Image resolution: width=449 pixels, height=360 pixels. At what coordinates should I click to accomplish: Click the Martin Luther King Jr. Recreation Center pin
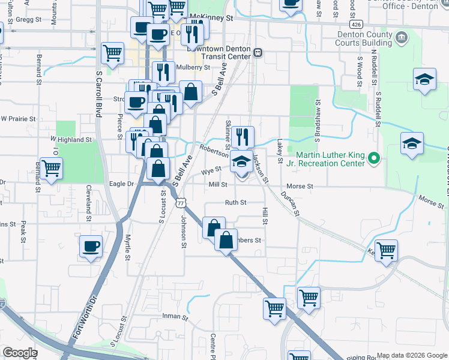point(374,158)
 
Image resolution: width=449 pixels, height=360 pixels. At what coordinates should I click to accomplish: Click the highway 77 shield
point(181,203)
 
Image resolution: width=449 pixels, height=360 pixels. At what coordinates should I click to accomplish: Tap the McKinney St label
point(211,19)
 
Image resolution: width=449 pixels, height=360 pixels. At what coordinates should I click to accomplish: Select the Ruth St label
point(235,203)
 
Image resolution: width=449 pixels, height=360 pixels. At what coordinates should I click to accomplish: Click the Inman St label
point(176,316)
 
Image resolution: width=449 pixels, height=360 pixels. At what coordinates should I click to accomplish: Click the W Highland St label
point(71,139)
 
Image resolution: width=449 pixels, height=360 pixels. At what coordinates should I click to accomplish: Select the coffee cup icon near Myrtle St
point(91,246)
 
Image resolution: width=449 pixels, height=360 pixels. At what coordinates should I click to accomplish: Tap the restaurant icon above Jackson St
point(243,136)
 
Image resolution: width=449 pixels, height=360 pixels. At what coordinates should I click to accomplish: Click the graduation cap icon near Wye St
point(241,161)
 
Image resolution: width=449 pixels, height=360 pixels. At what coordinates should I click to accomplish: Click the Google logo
point(20,353)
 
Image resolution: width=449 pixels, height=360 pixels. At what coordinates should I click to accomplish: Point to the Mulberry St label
point(197,68)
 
